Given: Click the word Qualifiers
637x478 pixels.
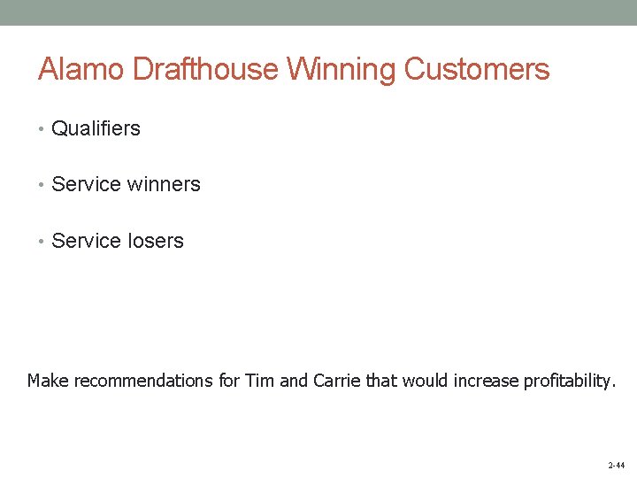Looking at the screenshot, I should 96,128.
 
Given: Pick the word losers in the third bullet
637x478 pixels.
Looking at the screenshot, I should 156,241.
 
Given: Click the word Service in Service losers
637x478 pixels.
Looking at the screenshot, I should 87,241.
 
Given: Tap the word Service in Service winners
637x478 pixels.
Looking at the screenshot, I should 87,184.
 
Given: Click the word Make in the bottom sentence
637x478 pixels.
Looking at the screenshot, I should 48,382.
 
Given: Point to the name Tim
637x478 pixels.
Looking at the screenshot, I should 258,382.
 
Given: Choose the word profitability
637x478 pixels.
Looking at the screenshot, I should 568,382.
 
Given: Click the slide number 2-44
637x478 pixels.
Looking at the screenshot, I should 616,465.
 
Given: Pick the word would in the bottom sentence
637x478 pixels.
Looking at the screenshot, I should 426,382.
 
